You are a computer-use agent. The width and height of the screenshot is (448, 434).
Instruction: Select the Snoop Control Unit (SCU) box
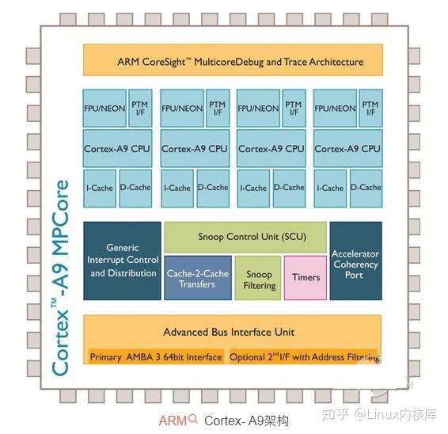tap(245, 236)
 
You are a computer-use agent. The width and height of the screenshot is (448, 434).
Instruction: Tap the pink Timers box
tap(305, 277)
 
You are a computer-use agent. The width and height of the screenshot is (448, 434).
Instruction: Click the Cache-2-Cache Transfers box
tap(197, 278)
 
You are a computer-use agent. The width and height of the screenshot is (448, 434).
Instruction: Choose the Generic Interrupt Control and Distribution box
tap(122, 261)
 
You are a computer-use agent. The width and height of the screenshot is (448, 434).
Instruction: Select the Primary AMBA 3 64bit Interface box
tap(155, 357)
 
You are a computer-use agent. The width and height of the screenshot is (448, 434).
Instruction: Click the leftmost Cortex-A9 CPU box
tap(117, 148)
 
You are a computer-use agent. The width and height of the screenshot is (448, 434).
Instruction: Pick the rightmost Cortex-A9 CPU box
tap(347, 148)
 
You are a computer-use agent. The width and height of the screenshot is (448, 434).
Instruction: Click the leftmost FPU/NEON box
tap(104, 108)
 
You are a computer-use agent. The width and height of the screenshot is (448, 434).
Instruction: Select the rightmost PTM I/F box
tap(370, 108)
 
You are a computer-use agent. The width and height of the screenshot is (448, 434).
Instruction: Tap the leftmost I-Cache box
tap(100, 188)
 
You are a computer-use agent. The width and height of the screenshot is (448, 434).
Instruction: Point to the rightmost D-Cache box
tap(366, 188)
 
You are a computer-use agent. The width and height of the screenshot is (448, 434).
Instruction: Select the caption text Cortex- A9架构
tap(235, 420)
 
